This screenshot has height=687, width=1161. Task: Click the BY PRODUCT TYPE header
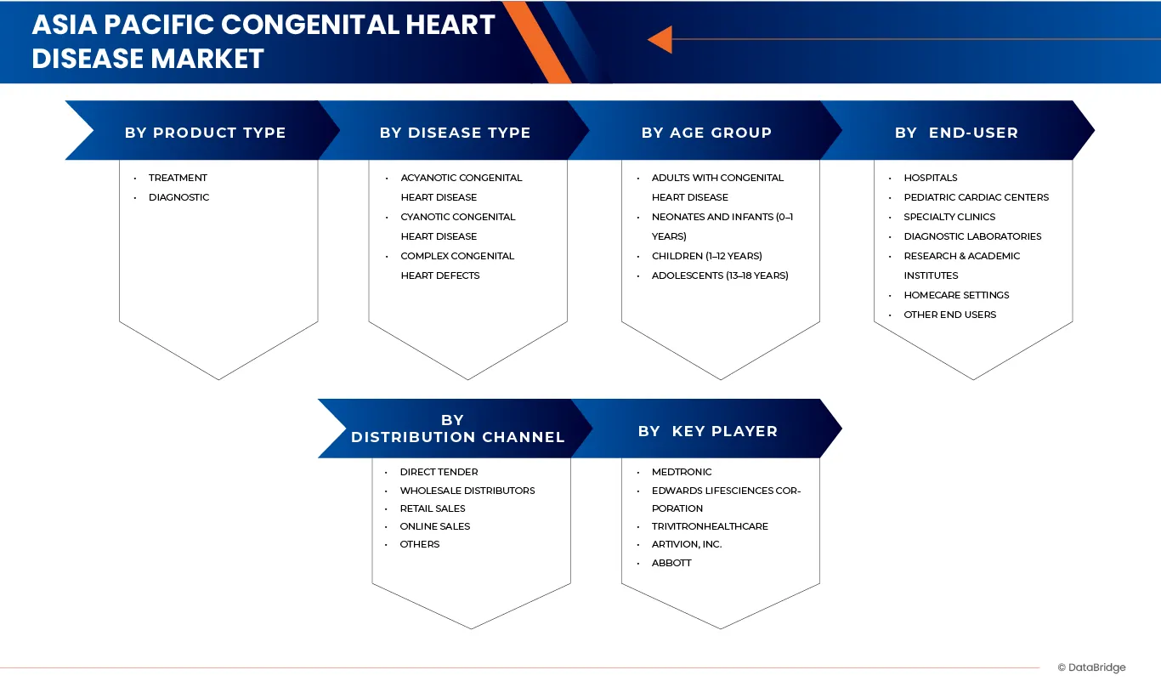point(205,133)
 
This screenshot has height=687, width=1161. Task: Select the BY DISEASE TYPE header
point(455,133)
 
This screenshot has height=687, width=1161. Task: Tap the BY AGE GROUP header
point(706,133)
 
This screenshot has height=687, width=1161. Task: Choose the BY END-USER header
point(956,133)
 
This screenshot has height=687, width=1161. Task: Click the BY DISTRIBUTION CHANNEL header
point(457,429)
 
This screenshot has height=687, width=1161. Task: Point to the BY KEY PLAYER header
point(707,431)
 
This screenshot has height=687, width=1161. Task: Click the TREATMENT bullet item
point(178,178)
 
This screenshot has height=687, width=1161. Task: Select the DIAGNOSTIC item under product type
point(178,197)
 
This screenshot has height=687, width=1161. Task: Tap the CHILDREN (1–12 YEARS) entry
point(706,256)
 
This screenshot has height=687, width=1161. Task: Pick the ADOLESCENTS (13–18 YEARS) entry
point(720,275)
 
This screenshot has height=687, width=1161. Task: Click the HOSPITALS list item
point(930,178)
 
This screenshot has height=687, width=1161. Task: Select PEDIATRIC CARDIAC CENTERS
point(976,197)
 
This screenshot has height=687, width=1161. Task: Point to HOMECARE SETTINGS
point(956,295)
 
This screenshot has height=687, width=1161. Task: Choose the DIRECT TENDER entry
point(439,472)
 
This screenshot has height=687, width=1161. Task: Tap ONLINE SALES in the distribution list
point(434,526)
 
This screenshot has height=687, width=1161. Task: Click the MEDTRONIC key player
point(682,472)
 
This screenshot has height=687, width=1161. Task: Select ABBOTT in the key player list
point(671,563)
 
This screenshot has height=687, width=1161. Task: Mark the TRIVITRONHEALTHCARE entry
point(710,526)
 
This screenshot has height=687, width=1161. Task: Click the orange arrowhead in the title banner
point(660,39)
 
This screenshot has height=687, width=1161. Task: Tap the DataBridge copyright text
point(1091,668)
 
